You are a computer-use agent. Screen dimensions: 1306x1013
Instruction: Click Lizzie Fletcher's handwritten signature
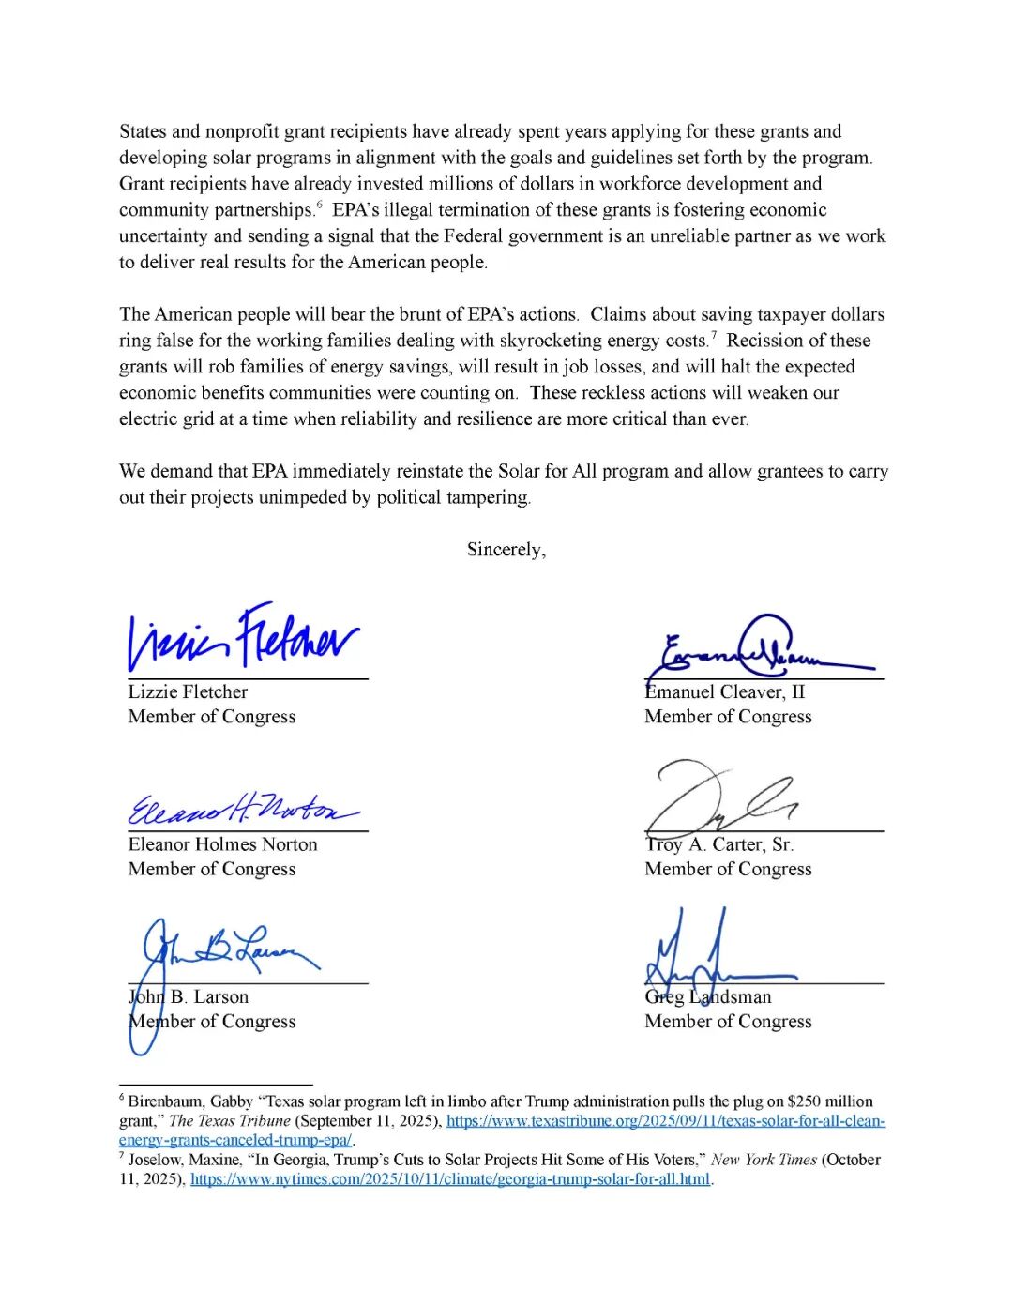244,639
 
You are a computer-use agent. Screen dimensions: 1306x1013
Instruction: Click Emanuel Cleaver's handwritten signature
760,650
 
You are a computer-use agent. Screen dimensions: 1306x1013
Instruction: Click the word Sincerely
506,550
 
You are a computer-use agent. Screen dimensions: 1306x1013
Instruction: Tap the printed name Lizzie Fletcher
188,692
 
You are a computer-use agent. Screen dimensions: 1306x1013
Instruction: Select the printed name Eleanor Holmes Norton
222,844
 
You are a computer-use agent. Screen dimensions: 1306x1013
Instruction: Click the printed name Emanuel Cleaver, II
724,692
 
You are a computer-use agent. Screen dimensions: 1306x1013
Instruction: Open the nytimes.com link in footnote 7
450,1179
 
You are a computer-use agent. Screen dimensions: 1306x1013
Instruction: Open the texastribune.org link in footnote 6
665,1121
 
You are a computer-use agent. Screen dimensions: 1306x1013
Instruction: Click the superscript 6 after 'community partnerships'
319,205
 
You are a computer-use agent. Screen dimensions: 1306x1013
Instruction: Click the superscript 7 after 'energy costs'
714,335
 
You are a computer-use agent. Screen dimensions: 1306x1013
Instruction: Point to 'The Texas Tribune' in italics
229,1121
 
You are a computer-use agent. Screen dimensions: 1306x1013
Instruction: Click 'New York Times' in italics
764,1160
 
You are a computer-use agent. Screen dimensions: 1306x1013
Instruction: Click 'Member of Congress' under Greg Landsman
728,1022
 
